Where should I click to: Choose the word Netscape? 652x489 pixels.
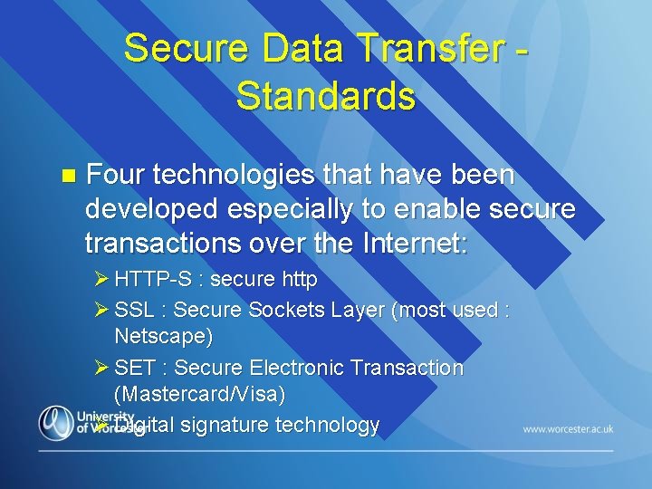tap(163, 338)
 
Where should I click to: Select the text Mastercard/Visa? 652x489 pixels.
tap(199, 395)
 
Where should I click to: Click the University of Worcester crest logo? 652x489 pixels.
tap(56, 422)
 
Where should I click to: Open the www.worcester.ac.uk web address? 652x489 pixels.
tap(568, 428)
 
